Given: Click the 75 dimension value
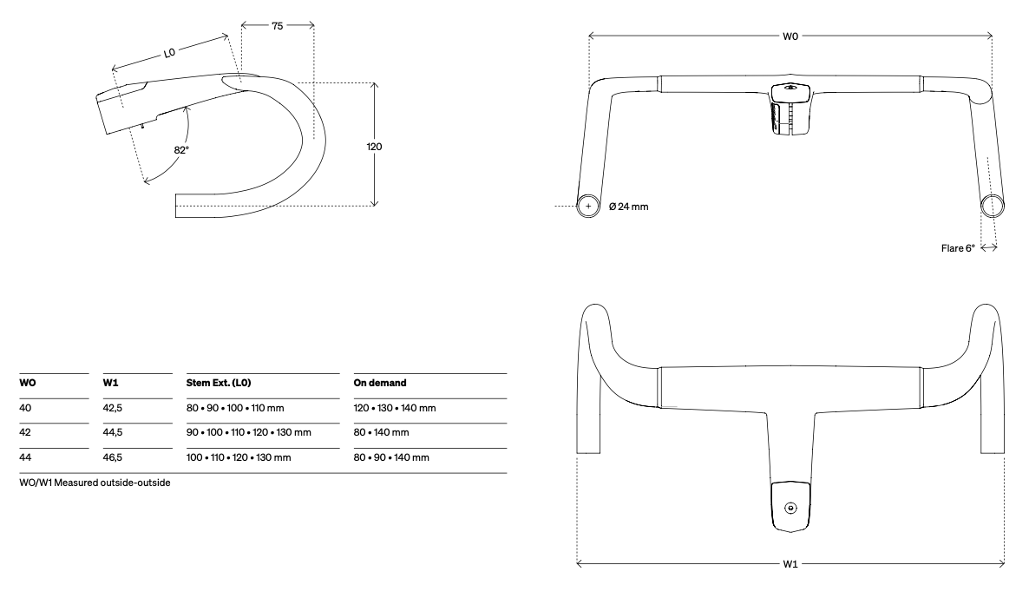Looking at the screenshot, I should coord(277,26).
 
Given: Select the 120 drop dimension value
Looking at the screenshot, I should coord(374,147).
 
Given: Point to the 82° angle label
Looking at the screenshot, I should coord(181,149).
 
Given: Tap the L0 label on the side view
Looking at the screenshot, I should coord(170,53).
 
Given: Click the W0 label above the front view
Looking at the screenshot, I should coord(790,36).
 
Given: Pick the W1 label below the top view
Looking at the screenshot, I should coord(790,564).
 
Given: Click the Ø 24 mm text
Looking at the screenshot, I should coord(629,206).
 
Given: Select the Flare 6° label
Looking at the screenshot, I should coord(958,248).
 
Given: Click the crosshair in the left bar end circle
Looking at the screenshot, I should coord(589,206).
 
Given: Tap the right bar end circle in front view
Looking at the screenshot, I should coord(992,205).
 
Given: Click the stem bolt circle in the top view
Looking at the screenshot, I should coord(790,508).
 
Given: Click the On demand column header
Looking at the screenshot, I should coord(380,383).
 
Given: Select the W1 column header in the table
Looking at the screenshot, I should coord(111,383).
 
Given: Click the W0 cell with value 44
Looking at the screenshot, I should coord(25,457).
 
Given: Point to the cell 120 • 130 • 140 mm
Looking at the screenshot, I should coord(395,407).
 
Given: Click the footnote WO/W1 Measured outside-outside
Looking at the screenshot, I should coord(95,483).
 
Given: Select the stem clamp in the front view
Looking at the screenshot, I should coord(790,108).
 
